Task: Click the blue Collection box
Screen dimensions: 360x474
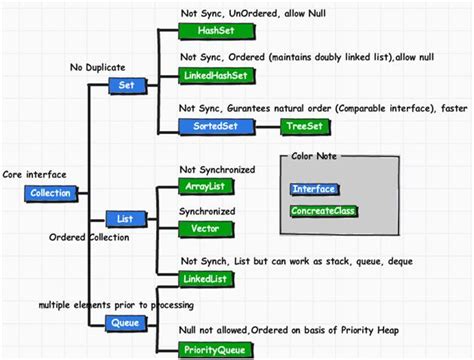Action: pyautogui.click(x=50, y=193)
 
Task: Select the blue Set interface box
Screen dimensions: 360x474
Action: pyautogui.click(x=127, y=86)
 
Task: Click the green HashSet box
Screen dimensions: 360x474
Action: pyautogui.click(x=208, y=31)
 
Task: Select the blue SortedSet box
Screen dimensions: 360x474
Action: pyautogui.click(x=209, y=127)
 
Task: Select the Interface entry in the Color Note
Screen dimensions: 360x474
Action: pyautogui.click(x=314, y=189)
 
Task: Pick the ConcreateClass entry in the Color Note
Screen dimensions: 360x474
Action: pyautogui.click(x=323, y=211)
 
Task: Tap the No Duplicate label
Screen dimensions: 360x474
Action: pyautogui.click(x=98, y=67)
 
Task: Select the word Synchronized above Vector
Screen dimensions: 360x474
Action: pyautogui.click(x=207, y=212)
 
